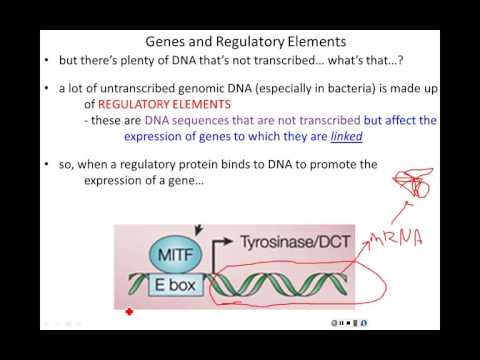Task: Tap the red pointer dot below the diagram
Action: tap(128, 313)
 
